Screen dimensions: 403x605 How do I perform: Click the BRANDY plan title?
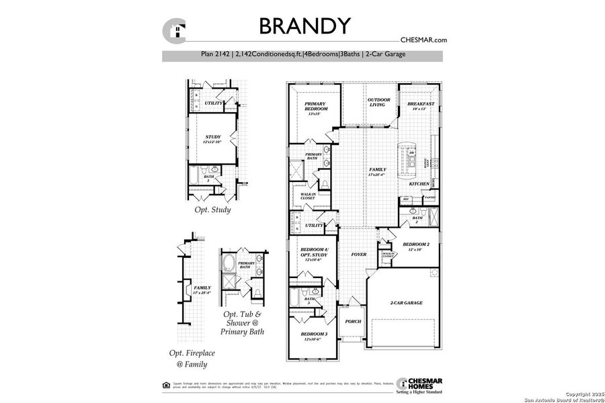pyautogui.click(x=305, y=26)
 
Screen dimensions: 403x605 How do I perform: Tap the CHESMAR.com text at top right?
pyautogui.click(x=423, y=40)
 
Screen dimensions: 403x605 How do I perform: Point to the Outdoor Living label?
pyautogui.click(x=379, y=102)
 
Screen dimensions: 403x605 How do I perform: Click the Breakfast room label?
pyautogui.click(x=421, y=104)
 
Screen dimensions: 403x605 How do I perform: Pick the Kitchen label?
pyautogui.click(x=419, y=183)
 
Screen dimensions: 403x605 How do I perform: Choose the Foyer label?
pyautogui.click(x=358, y=255)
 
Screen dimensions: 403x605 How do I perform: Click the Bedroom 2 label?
pyautogui.click(x=415, y=244)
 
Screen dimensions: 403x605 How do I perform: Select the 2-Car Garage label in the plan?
pyautogui.click(x=406, y=303)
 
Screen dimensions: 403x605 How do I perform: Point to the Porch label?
pyautogui.click(x=353, y=321)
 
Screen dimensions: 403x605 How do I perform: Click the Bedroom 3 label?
pyautogui.click(x=314, y=334)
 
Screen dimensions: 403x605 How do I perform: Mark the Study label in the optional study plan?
pyautogui.click(x=212, y=137)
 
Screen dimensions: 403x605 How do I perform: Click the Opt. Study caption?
pyautogui.click(x=212, y=210)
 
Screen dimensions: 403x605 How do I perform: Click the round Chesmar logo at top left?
pyautogui.click(x=175, y=30)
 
